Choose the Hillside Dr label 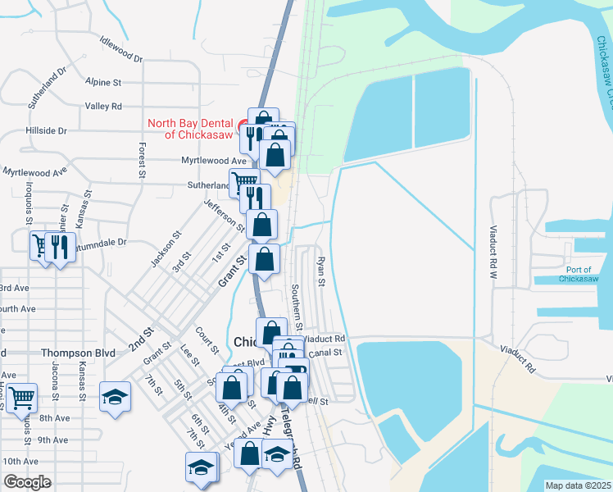coord(46,130)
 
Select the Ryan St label coord(320,271)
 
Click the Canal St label coord(325,352)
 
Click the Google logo coord(27,482)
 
